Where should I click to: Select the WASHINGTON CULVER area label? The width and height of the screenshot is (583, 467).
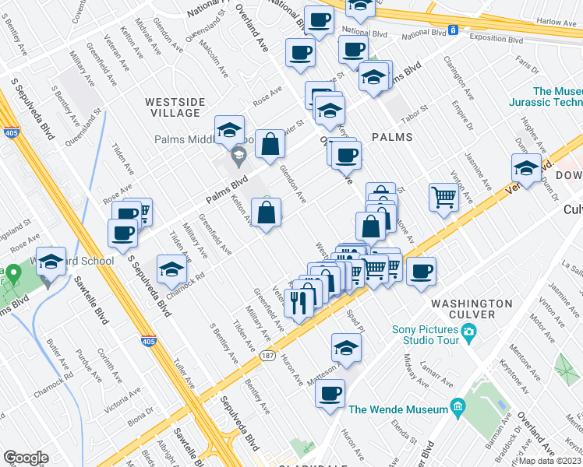pyautogui.click(x=472, y=308)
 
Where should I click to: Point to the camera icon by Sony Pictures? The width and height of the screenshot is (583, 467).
pyautogui.click(x=468, y=332)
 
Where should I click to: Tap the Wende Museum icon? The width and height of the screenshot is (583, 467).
pyautogui.click(x=458, y=408)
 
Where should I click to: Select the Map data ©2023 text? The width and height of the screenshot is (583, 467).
pyautogui.click(x=550, y=461)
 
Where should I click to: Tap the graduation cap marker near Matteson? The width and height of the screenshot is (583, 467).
pyautogui.click(x=346, y=347)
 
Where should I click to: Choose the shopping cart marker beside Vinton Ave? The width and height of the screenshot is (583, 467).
pyautogui.click(x=443, y=195)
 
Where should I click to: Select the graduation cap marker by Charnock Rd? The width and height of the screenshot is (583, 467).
pyautogui.click(x=171, y=269)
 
